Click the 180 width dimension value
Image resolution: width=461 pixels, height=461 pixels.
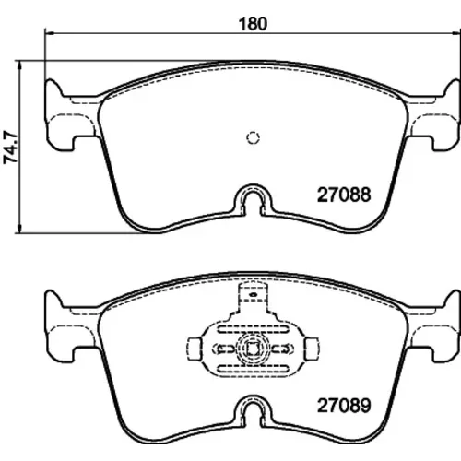pos(253,24)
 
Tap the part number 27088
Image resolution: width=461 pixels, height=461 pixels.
pos(344,195)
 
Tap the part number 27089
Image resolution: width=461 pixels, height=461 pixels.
pos(344,406)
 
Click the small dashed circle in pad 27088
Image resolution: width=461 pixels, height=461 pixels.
pos(253,137)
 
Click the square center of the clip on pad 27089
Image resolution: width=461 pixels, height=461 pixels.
pos(253,349)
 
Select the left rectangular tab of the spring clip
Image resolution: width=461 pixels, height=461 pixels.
pos(195,349)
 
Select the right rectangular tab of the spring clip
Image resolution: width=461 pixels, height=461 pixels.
pos(312,349)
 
